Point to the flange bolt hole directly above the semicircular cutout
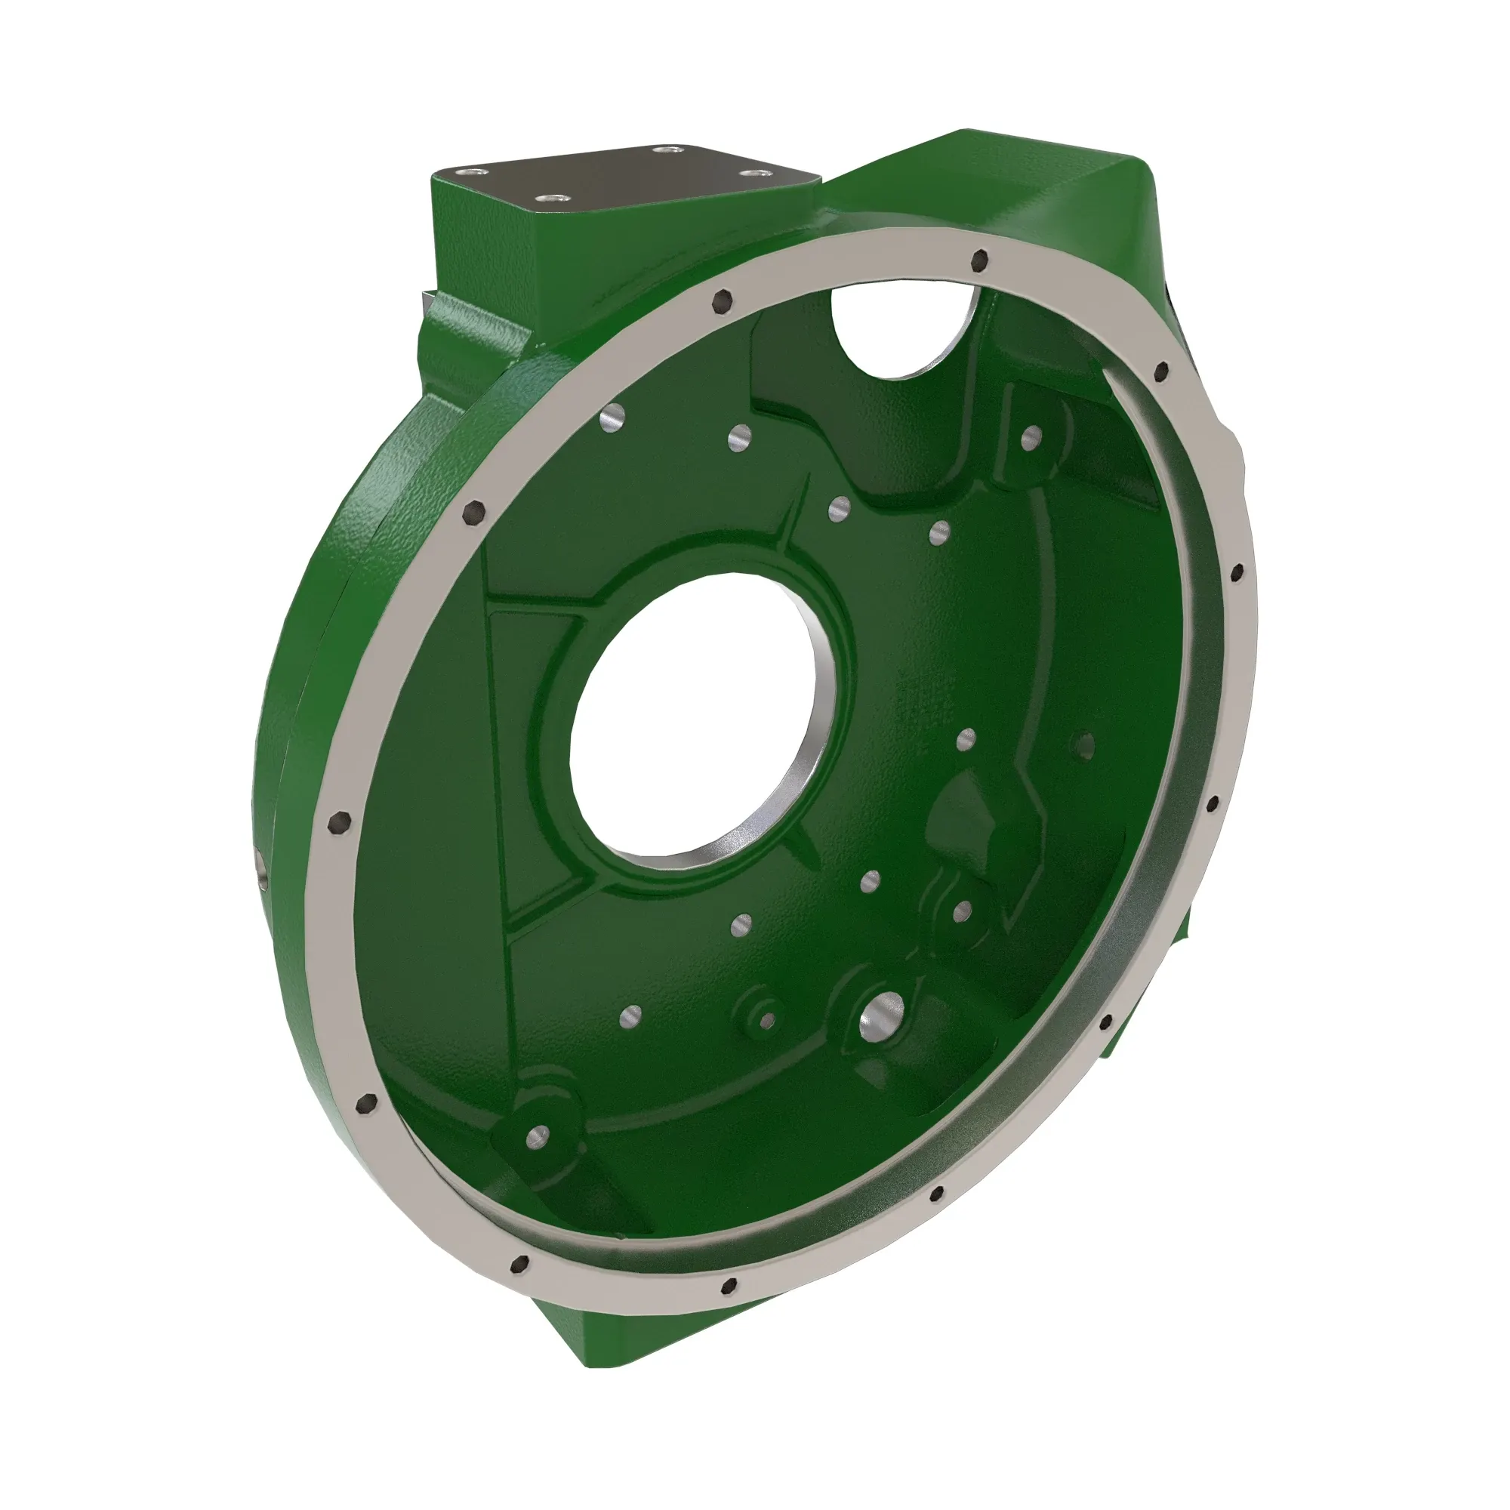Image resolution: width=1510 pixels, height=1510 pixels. (977, 261)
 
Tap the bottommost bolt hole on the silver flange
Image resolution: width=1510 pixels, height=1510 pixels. (730, 1285)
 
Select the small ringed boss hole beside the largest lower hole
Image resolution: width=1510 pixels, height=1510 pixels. (767, 1018)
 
